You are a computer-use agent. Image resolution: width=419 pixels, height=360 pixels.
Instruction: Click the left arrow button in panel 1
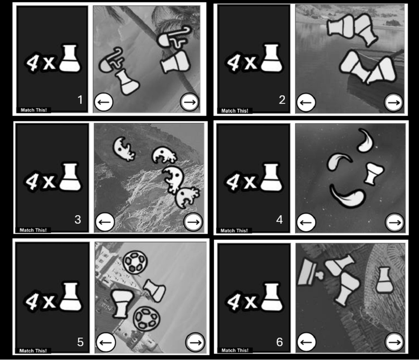pos(104,102)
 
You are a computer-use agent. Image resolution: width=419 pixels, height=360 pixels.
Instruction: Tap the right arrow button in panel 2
pos(394,102)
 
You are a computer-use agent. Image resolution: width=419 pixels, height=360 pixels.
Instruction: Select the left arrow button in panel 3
pos(105,222)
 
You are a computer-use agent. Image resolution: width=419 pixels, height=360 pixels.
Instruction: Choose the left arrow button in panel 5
pos(106,342)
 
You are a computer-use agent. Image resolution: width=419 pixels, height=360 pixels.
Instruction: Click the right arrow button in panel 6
pos(394,342)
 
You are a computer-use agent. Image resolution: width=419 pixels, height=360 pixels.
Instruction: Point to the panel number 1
pos(80,100)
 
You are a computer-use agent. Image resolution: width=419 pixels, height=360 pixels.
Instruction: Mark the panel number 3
pos(78,220)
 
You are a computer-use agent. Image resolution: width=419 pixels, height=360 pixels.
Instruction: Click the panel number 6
pos(279,342)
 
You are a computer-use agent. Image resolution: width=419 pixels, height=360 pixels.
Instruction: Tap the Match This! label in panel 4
pos(234,230)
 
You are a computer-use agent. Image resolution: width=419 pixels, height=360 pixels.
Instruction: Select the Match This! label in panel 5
pos(33,351)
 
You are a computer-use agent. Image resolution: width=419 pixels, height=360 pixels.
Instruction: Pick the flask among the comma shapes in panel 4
pos(374,173)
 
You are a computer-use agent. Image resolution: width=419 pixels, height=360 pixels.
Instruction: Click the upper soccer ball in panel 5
pos(135,262)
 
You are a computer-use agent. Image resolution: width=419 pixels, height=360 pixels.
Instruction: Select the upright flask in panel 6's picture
pos(385,280)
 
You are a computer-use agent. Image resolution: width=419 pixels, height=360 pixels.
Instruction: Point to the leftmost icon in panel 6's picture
pos(309,272)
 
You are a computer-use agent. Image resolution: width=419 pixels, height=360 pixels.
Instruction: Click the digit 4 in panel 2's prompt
pos(234,63)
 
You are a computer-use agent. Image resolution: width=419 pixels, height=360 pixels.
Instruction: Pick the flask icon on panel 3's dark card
pos(70,177)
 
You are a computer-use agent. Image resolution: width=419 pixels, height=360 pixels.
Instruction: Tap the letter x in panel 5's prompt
pos(49,301)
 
